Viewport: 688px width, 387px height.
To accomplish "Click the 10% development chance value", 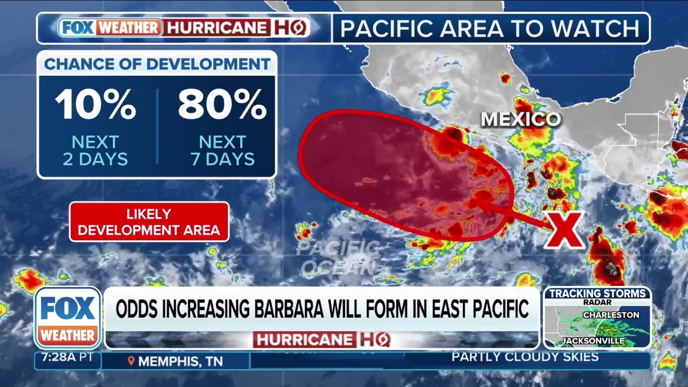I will click(x=95, y=104).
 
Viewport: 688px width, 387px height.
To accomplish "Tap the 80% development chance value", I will click(x=222, y=104).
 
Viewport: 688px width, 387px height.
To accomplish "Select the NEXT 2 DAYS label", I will click(x=95, y=150).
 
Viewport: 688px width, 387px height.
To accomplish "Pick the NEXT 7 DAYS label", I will click(x=222, y=150).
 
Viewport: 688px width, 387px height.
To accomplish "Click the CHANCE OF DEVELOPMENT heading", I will click(x=157, y=64).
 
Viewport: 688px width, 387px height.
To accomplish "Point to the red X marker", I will click(x=564, y=230).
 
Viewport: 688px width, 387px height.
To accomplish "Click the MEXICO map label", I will click(x=520, y=119).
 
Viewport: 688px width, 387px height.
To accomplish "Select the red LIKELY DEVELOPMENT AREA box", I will click(x=149, y=222).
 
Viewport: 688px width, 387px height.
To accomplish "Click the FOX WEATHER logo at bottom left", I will click(x=68, y=318).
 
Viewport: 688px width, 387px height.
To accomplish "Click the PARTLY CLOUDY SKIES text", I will click(x=525, y=357).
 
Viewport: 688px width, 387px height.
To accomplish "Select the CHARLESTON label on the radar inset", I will click(x=611, y=315).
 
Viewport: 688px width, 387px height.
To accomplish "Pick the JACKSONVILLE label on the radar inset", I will click(x=593, y=341).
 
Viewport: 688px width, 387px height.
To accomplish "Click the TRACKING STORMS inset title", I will click(x=597, y=293).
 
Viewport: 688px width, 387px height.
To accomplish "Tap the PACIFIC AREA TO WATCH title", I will click(x=490, y=28).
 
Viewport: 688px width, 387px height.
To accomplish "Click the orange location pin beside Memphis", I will click(x=131, y=361).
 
